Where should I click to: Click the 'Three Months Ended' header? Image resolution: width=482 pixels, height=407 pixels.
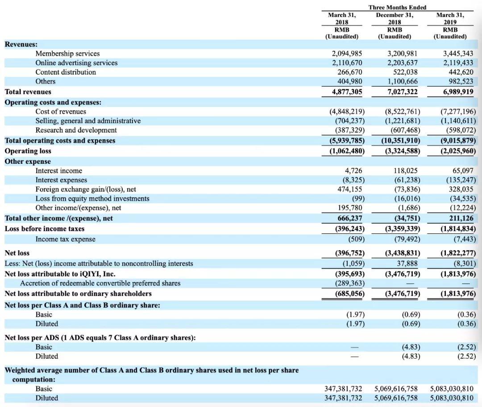pos(397,7)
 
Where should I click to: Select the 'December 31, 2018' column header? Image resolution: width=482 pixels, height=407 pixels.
pos(395,18)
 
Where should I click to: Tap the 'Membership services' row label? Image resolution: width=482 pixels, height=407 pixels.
pos(67,54)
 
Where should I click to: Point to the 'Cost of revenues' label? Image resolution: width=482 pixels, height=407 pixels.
pos(61,112)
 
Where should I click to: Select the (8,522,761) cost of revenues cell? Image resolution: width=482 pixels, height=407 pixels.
pos(402,112)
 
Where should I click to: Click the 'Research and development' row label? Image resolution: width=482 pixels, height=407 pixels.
pos(76,130)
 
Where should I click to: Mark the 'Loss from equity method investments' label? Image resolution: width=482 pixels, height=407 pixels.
pos(92,199)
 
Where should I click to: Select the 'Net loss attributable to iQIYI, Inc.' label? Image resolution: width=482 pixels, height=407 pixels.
pos(60,274)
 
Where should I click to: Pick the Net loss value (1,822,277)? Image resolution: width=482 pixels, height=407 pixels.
pos(458,253)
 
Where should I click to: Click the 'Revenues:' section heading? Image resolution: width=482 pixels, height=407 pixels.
pos(21,44)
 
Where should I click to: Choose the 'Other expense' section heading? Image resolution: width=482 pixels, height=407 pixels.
pos(28,162)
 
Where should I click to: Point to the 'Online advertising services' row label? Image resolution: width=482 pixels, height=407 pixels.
pos(76,63)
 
